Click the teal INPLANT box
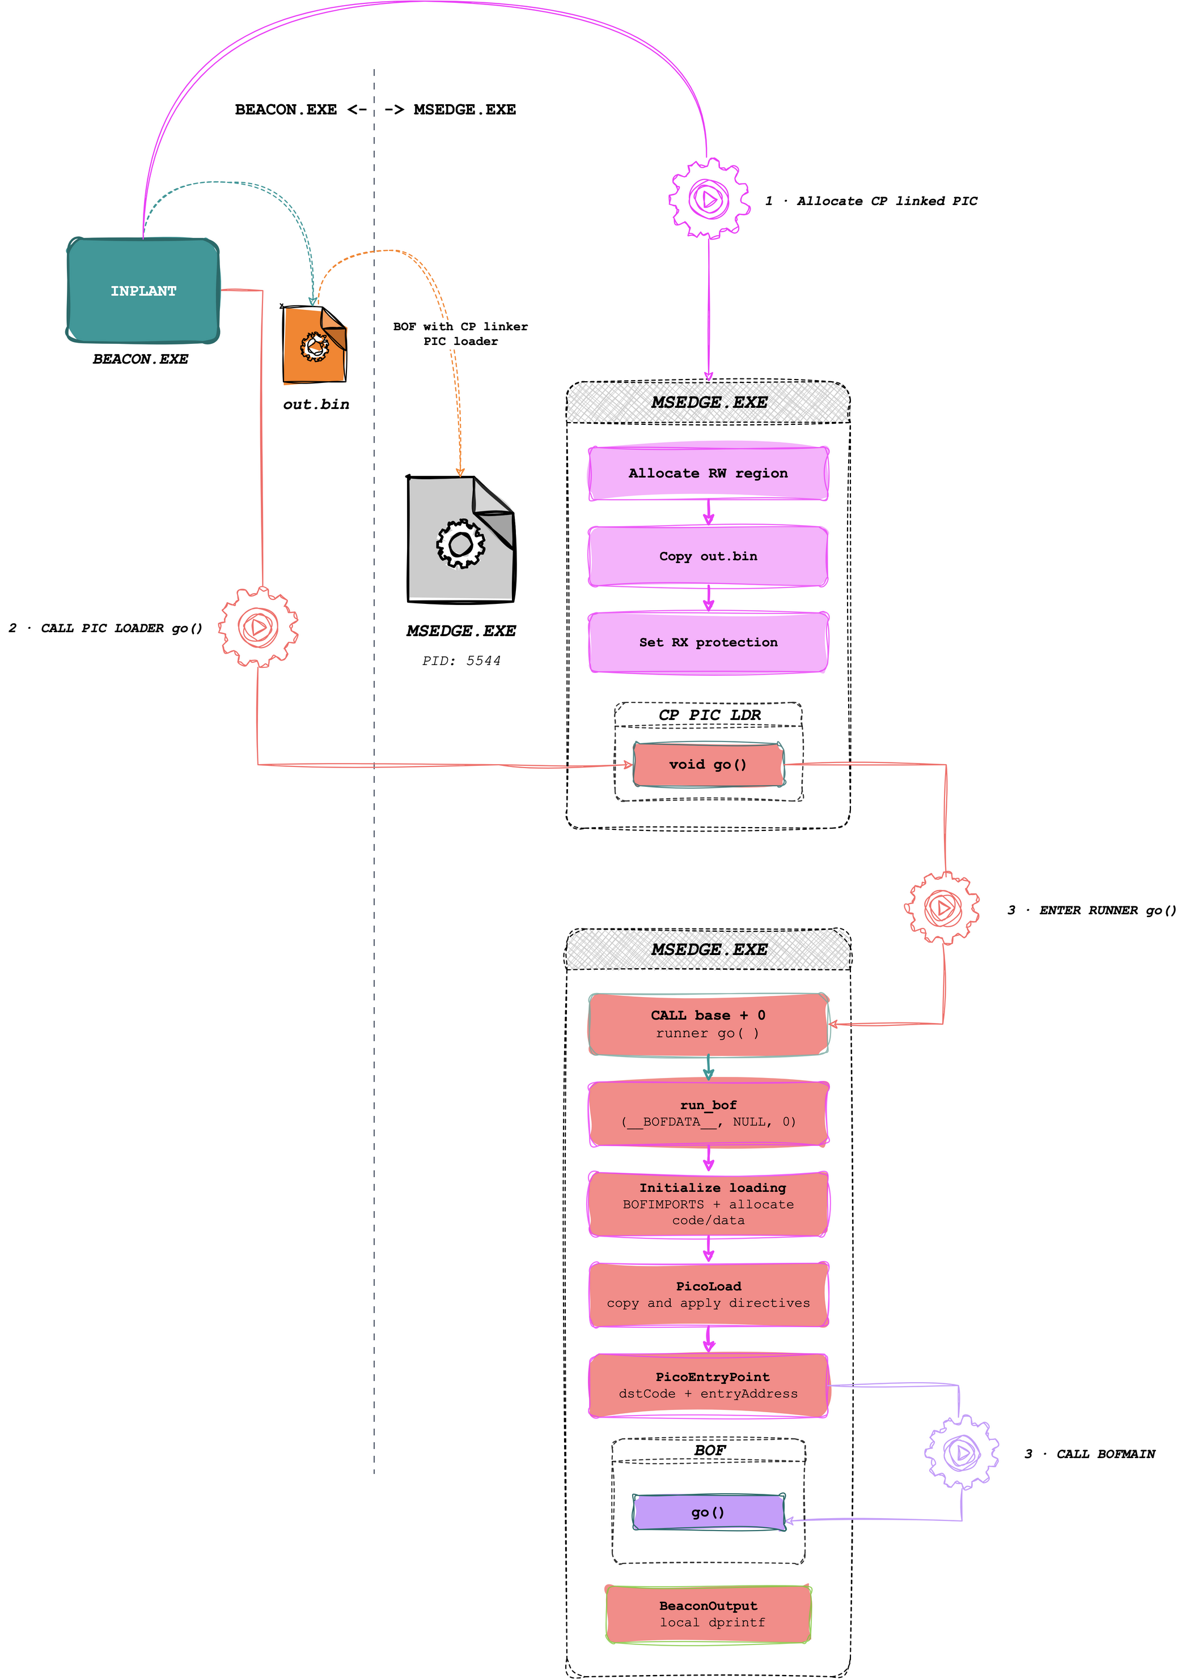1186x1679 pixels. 143,291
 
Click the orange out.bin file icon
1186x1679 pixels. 315,344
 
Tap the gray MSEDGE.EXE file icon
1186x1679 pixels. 461,540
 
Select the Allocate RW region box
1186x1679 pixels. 708,473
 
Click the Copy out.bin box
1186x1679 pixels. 708,556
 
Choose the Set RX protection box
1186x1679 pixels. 708,642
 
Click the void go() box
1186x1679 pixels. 708,764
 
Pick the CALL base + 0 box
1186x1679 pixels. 708,1024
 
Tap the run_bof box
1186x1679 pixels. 708,1114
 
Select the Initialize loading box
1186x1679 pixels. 708,1204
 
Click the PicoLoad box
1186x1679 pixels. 708,1294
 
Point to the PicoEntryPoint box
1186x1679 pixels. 708,1385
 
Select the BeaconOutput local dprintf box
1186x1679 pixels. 708,1614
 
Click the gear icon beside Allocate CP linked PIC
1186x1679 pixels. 709,198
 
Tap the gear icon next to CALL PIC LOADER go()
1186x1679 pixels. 259,627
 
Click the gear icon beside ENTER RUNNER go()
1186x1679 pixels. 942,908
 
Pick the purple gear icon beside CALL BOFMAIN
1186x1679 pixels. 961,1452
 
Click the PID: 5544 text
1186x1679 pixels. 461,661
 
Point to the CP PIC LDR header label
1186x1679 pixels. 709,714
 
